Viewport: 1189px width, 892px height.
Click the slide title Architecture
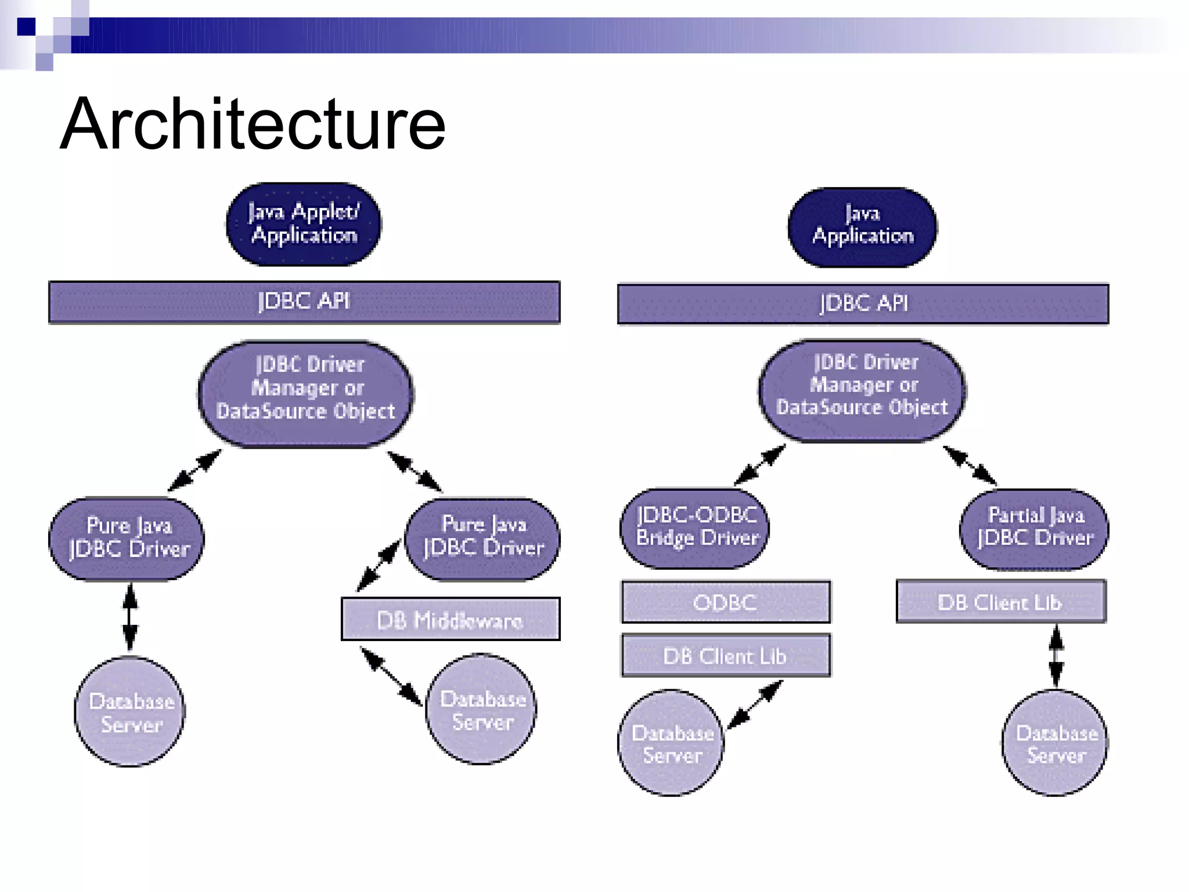point(253,124)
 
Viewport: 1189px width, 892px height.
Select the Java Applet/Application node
point(304,224)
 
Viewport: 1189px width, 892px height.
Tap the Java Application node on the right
point(862,227)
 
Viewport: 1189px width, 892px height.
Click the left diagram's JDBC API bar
point(304,302)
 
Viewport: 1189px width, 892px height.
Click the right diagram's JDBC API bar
point(863,304)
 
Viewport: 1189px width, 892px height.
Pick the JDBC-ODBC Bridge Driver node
point(695,528)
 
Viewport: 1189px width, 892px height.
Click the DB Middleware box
point(451,620)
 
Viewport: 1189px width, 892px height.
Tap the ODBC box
point(726,602)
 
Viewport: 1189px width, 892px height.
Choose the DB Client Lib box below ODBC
point(726,656)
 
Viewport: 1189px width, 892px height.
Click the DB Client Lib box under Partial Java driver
point(1001,602)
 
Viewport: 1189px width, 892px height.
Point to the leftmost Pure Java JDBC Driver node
point(127,538)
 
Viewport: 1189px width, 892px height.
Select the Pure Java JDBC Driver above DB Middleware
point(483,538)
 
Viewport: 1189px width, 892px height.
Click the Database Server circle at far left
point(130,712)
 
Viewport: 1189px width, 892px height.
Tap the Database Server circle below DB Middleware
point(481,710)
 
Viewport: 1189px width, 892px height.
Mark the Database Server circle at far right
point(1055,743)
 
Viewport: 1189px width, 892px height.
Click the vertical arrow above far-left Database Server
point(130,617)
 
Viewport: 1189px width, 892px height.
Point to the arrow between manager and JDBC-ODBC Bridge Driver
point(759,465)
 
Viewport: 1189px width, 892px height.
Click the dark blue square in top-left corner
point(26,27)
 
